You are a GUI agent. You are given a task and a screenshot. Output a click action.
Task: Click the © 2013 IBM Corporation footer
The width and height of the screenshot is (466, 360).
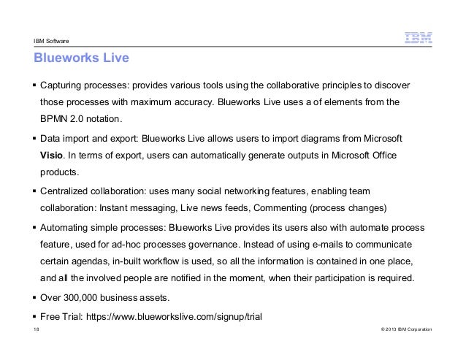[x=402, y=330]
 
